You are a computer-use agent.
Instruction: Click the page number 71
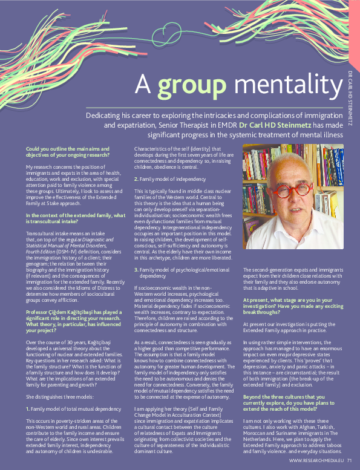click(x=349, y=461)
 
